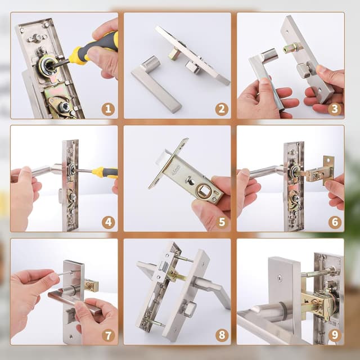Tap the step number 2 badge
click(222, 109)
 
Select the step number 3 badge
click(335, 109)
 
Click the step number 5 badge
click(222, 222)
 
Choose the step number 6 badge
click(335, 222)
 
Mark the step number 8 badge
click(222, 335)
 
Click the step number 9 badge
click(335, 335)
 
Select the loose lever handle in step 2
click(155, 84)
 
